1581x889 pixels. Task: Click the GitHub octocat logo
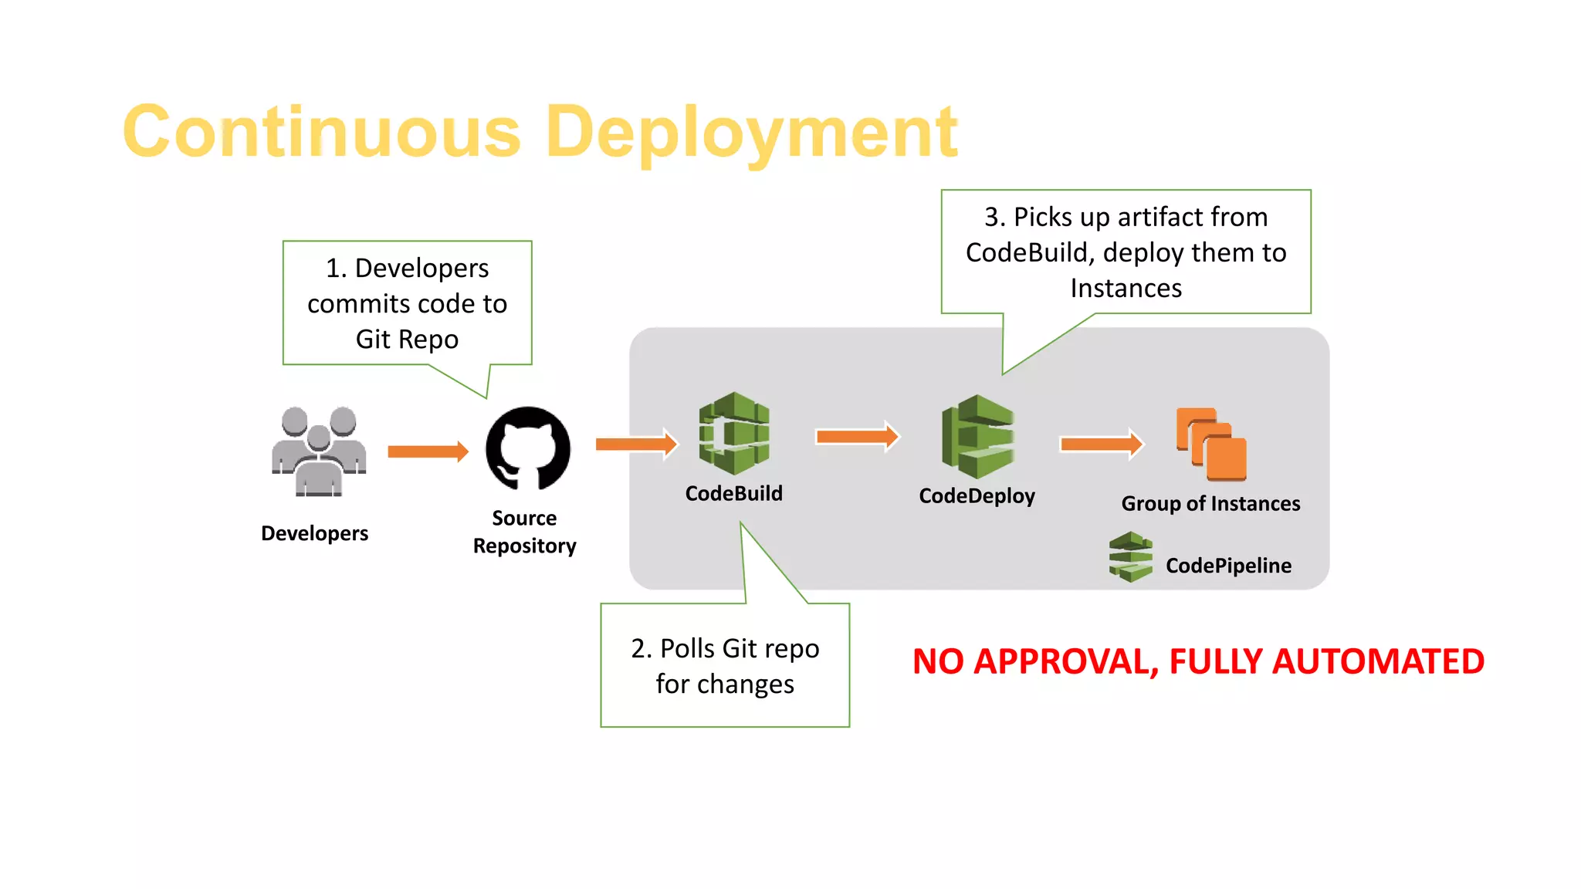coord(528,448)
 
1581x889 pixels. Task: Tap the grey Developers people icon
coord(318,451)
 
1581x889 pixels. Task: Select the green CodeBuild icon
coord(733,433)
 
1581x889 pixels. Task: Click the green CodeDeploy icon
coord(977,437)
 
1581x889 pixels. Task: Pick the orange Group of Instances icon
coord(1210,444)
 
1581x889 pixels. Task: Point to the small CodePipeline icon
coord(1130,556)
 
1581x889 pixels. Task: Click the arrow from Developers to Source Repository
coord(428,451)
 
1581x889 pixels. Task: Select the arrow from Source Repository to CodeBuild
coord(636,444)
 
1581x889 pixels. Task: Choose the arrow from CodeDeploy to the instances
coord(1101,444)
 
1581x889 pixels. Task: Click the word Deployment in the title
coord(751,133)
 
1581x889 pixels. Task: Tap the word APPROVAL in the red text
coord(1065,662)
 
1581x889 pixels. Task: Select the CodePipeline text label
coord(1227,566)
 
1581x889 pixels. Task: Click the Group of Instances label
coord(1210,504)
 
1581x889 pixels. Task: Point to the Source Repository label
coord(524,532)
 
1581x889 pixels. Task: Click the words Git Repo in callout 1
coord(407,340)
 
